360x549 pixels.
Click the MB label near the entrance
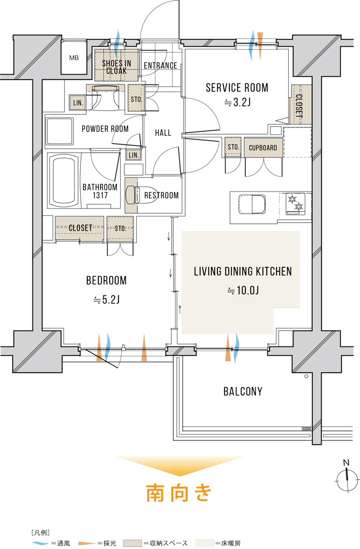click(x=74, y=58)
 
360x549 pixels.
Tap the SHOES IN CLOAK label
click(x=116, y=67)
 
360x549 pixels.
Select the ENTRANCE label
click(x=161, y=65)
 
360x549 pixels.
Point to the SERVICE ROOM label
click(x=237, y=87)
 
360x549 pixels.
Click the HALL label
click(x=163, y=133)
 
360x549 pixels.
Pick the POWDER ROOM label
click(x=105, y=129)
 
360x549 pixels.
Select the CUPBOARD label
click(x=263, y=148)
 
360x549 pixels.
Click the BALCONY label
click(x=243, y=391)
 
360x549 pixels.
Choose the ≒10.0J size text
click(x=243, y=290)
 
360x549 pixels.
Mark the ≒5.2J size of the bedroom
click(x=106, y=300)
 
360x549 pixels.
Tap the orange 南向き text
click(x=179, y=492)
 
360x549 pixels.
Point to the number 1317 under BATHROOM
click(x=100, y=196)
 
